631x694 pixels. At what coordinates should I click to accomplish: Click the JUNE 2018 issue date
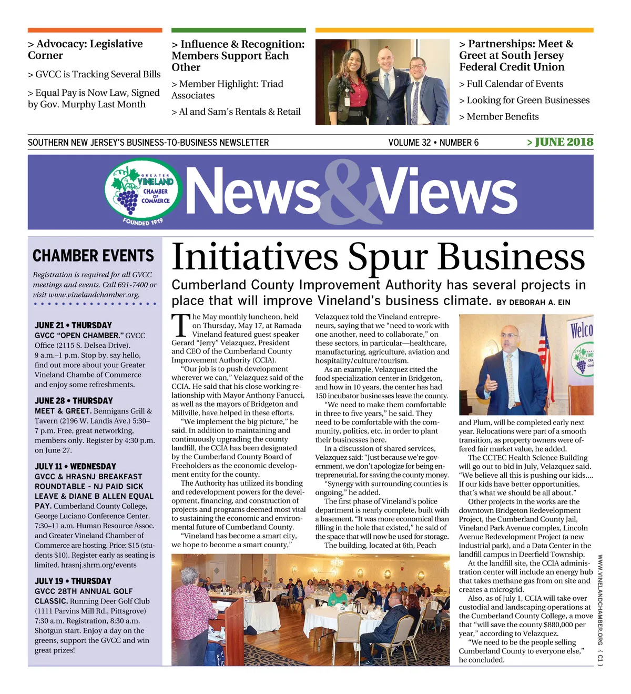[x=560, y=142]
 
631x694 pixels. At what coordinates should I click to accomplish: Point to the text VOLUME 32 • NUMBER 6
[x=433, y=143]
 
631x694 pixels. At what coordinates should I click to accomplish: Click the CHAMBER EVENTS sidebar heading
[x=93, y=256]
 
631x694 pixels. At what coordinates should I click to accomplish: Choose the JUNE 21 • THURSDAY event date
[x=73, y=325]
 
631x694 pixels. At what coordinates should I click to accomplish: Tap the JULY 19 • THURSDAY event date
[x=73, y=581]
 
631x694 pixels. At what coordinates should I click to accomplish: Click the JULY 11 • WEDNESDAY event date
[x=75, y=466]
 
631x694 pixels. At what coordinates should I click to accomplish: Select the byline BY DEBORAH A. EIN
[x=533, y=303]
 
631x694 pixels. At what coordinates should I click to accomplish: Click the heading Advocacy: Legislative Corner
[x=85, y=49]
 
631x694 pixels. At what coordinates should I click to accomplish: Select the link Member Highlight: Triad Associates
[x=227, y=89]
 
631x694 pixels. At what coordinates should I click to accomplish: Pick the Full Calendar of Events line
[x=511, y=84]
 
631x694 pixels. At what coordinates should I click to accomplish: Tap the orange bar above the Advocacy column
[x=95, y=31]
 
